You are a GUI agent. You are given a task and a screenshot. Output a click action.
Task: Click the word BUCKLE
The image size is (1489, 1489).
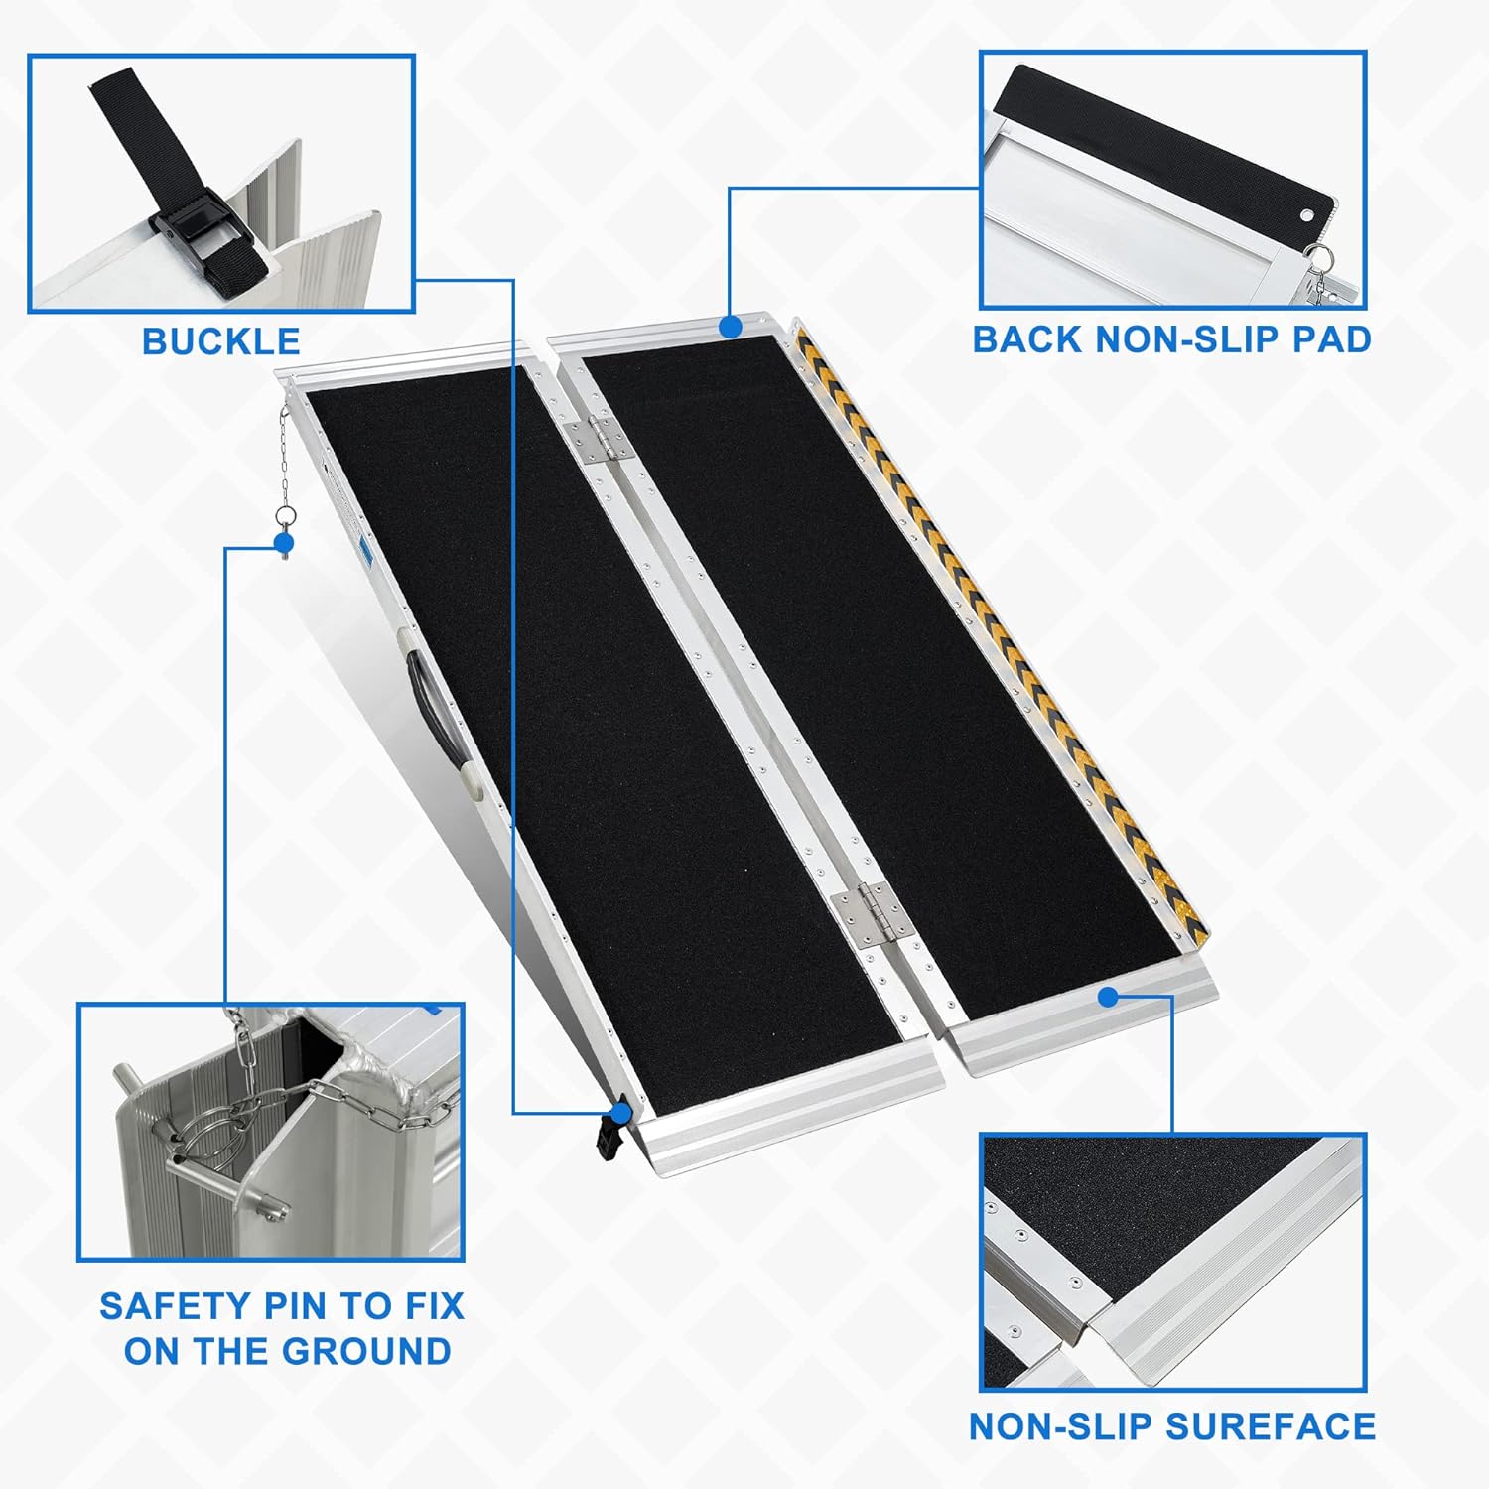(x=220, y=341)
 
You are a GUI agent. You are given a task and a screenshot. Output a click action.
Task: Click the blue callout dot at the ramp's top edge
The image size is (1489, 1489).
(x=731, y=326)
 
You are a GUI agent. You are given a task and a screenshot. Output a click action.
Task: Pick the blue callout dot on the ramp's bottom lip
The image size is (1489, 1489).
(x=1109, y=996)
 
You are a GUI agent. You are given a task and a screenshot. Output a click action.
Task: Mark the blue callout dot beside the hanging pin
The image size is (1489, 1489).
(x=284, y=543)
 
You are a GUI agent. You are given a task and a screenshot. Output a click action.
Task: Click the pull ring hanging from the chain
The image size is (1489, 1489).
(x=285, y=518)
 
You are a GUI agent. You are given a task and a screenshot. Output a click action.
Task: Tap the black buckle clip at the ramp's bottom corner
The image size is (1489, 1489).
(x=612, y=1127)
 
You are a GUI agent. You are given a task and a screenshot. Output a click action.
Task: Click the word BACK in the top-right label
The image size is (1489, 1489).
(x=1027, y=339)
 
